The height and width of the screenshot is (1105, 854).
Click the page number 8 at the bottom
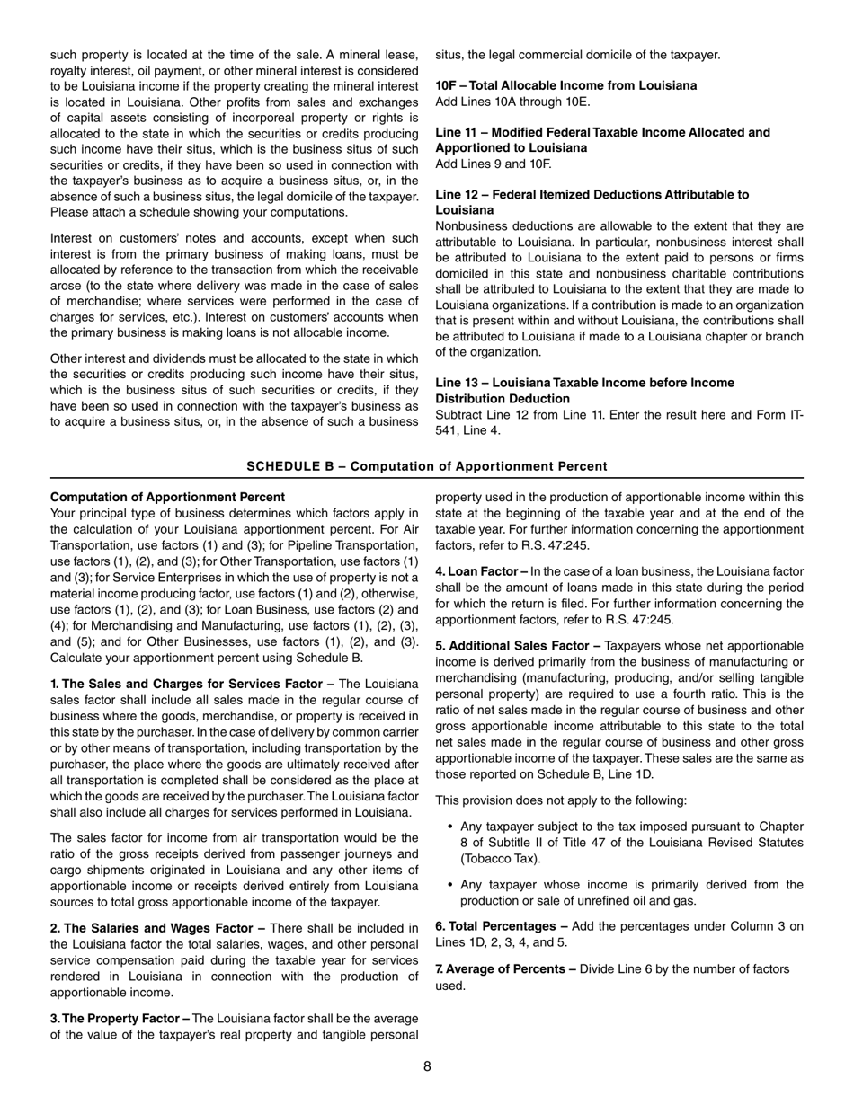427,1066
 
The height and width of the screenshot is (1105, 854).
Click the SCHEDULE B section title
427,466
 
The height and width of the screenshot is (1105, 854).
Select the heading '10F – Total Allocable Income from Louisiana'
565,85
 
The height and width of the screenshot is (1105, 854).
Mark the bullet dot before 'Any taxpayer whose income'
449,885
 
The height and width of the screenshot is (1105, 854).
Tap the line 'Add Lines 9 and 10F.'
494,164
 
